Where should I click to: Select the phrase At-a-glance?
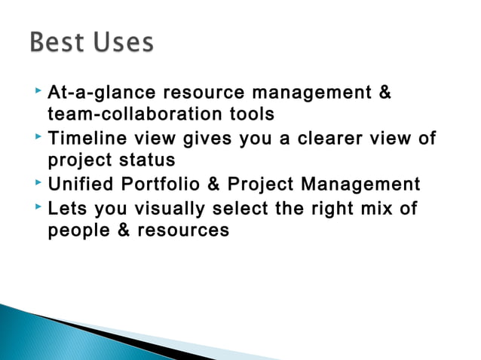point(93,93)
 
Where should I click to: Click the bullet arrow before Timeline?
point(38,138)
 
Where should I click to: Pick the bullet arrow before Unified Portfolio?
point(38,184)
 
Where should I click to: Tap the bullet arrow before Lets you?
point(38,208)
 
